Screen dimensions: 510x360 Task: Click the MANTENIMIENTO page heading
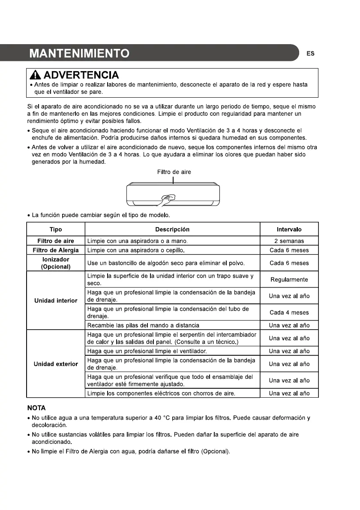(79, 54)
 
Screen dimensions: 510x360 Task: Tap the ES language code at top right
(311, 54)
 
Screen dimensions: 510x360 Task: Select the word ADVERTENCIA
(81, 75)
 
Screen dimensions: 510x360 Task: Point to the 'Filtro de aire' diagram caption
(174, 172)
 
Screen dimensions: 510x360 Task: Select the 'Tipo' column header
(56, 230)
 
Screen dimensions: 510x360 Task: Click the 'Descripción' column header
(172, 230)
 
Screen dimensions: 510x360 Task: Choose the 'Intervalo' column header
(289, 230)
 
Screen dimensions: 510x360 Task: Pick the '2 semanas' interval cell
(289, 241)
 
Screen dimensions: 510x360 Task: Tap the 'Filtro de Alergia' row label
(56, 250)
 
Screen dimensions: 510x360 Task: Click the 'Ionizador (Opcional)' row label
(56, 263)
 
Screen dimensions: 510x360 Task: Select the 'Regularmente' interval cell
(289, 280)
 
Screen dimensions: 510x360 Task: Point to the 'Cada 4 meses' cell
(289, 312)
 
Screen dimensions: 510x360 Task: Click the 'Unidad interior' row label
(56, 300)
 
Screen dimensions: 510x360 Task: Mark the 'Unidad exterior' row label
(56, 364)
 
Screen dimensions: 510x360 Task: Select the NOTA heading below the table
(36, 408)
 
